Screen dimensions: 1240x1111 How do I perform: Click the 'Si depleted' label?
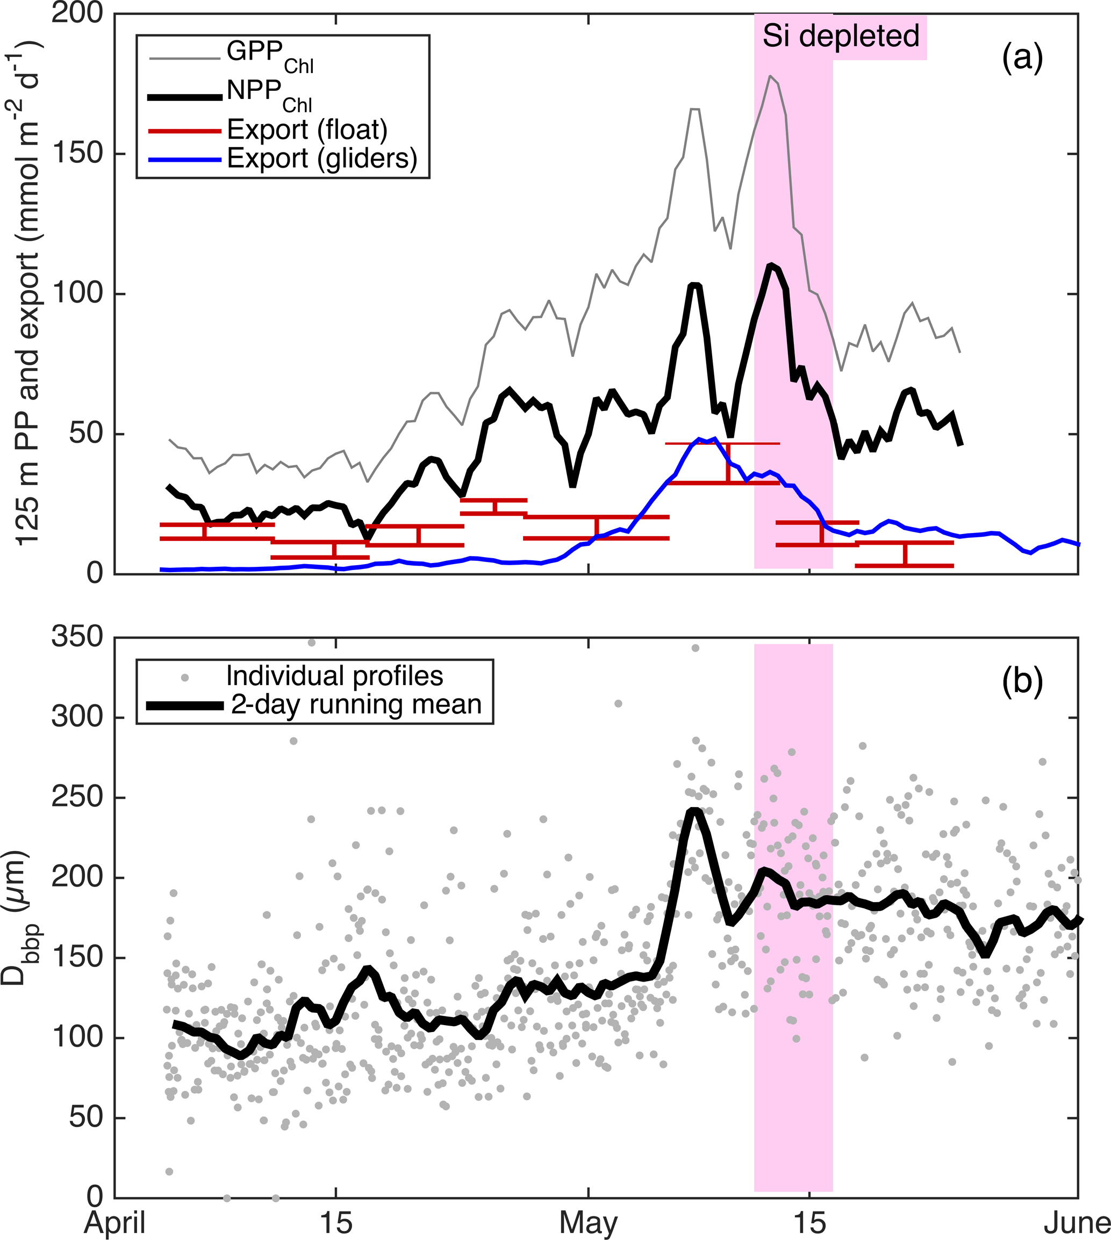click(x=841, y=36)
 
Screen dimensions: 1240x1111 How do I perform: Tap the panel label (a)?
click(x=1022, y=58)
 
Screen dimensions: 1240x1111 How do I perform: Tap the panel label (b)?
click(x=1022, y=682)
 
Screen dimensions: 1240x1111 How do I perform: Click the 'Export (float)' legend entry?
click(x=307, y=130)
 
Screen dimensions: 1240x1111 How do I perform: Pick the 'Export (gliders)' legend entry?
click(x=322, y=158)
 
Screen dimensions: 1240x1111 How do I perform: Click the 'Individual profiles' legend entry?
click(x=334, y=676)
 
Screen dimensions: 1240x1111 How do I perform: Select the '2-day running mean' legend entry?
click(x=356, y=704)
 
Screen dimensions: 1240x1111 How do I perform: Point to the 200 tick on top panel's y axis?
click(x=77, y=13)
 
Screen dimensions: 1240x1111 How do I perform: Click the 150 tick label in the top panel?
click(x=77, y=153)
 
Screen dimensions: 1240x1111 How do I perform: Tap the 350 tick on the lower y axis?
click(x=77, y=637)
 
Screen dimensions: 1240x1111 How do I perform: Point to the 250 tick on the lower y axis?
click(x=77, y=797)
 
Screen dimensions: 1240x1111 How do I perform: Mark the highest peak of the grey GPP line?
click(x=770, y=76)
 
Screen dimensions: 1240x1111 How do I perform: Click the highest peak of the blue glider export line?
click(x=700, y=439)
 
